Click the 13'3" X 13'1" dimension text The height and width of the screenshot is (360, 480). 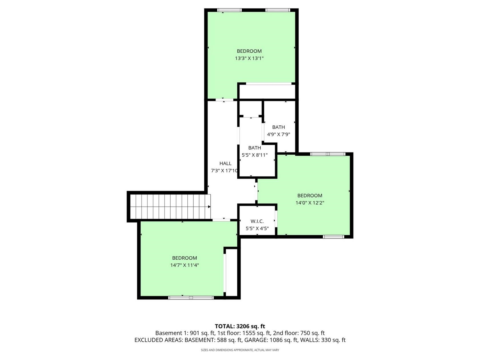click(x=249, y=58)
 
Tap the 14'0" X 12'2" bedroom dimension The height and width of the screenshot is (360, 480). click(x=310, y=203)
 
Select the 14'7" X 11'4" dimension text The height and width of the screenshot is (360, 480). click(x=185, y=265)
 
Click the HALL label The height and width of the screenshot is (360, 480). click(x=225, y=163)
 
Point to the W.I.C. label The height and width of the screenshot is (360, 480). click(x=257, y=221)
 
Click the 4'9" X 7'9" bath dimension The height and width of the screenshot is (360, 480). click(x=278, y=134)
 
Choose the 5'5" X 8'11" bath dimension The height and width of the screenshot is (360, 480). click(x=255, y=155)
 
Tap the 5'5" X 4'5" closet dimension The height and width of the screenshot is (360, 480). click(x=257, y=228)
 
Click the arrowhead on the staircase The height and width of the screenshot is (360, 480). click(x=209, y=207)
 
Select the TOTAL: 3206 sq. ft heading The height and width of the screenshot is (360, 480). click(x=240, y=326)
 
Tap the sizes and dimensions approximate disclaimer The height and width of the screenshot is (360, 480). click(x=240, y=350)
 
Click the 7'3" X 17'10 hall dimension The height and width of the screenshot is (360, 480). click(x=224, y=171)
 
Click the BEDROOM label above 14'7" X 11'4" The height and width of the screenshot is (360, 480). click(x=185, y=258)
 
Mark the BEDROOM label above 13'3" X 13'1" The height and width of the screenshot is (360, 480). click(x=249, y=51)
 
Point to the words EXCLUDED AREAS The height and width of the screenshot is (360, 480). click(x=159, y=340)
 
